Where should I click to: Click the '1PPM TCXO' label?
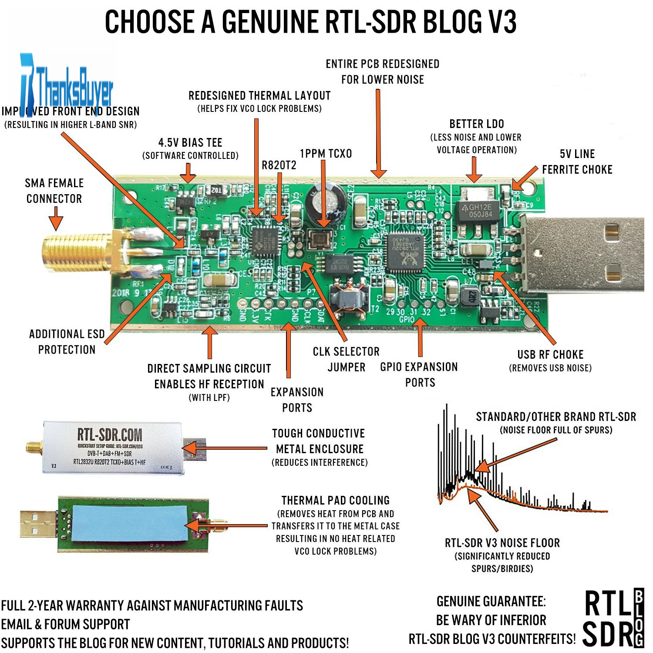coord(326,154)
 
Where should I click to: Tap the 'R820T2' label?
coord(279,165)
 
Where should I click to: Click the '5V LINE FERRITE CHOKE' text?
coord(577,162)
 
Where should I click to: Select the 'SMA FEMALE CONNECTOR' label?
coord(54,191)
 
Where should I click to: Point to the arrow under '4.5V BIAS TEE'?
coord(188,173)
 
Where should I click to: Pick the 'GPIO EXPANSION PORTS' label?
coord(419,374)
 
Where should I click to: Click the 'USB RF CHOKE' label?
coord(550,354)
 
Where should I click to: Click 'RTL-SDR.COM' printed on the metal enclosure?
coord(110,434)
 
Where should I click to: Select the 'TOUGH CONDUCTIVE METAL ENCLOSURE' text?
coord(319,441)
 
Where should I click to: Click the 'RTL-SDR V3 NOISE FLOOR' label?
coord(502,543)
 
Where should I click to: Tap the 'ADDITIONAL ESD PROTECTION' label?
coord(67,342)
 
